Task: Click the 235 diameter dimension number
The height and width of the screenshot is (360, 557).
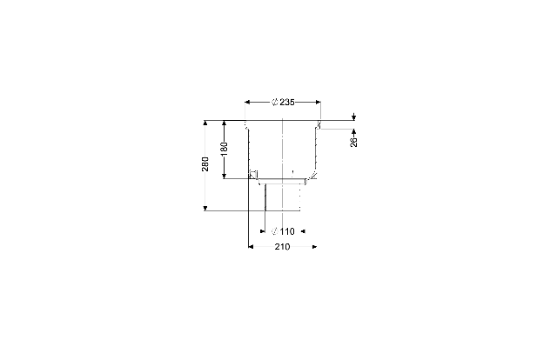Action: (287, 103)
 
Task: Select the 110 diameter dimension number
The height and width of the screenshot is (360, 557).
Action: (287, 231)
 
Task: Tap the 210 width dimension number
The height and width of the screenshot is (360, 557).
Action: (282, 247)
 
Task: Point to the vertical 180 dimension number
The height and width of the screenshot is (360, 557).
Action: (224, 149)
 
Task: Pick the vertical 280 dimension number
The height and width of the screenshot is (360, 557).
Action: (205, 164)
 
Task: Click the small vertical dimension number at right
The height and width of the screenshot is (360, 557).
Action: (354, 142)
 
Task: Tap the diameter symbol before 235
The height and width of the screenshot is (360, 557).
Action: (275, 103)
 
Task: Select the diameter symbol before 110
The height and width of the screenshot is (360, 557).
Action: (275, 231)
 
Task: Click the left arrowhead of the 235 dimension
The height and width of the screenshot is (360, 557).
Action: (247, 103)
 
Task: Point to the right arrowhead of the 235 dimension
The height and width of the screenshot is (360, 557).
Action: (318, 103)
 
